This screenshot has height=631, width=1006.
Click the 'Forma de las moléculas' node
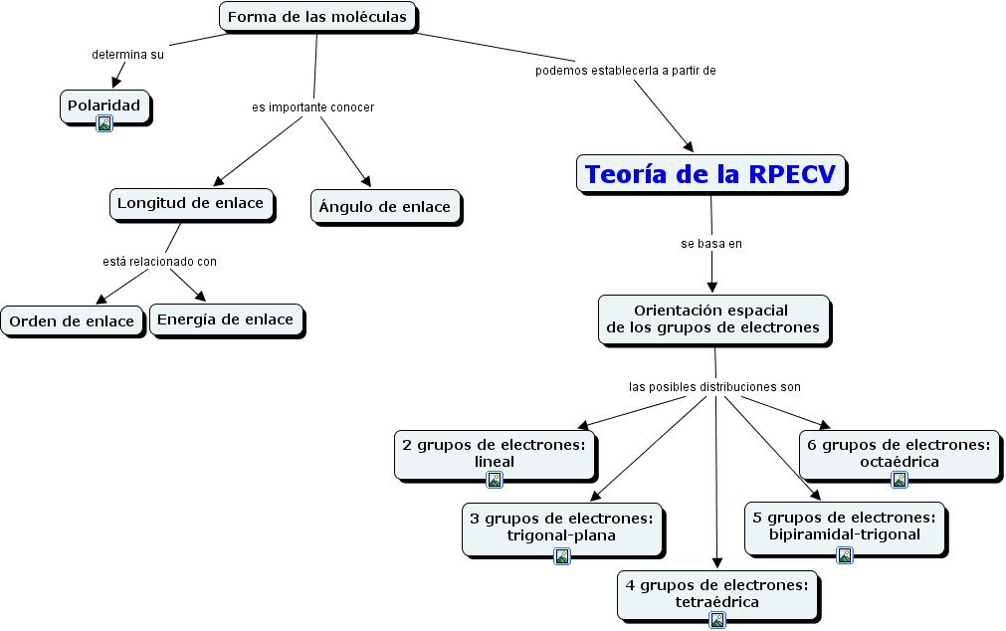tap(317, 17)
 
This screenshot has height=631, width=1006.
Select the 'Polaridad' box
tap(105, 104)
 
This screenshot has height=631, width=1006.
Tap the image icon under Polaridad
tap(104, 123)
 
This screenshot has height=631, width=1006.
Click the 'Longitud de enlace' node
tap(190, 203)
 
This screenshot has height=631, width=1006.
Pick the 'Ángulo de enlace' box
tap(385, 207)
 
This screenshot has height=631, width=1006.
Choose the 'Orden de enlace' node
tap(72, 321)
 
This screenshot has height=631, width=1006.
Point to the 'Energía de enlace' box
tap(226, 319)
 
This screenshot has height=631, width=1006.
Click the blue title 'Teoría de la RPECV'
tap(712, 174)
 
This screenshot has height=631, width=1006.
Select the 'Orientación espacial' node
tap(712, 318)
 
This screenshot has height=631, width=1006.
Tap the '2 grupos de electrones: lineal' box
tap(495, 453)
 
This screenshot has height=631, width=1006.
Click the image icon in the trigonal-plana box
tap(562, 556)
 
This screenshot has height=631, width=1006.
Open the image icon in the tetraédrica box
tap(717, 620)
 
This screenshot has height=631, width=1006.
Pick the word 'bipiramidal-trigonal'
tap(845, 534)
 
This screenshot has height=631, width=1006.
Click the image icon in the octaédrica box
tap(900, 480)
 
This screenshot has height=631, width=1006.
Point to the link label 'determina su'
tap(127, 55)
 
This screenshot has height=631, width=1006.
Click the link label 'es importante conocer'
tap(313, 106)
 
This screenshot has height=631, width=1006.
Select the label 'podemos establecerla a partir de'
tap(626, 71)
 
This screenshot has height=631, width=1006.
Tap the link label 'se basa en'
tap(711, 243)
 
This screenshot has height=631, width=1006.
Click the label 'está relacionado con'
tap(159, 262)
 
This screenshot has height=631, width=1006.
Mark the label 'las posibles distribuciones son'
tap(714, 386)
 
